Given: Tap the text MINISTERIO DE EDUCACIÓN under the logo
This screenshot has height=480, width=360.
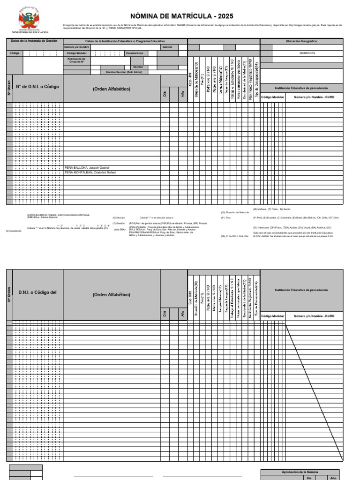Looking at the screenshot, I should (32, 32).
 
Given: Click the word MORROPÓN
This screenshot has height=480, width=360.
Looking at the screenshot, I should (307, 53).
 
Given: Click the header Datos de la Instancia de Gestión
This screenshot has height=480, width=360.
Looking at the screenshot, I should (34, 41).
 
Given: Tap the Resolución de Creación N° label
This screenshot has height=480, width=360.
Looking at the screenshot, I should (76, 60).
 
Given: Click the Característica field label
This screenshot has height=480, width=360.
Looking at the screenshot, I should (134, 53).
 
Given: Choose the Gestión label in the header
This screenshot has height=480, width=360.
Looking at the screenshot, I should (167, 47).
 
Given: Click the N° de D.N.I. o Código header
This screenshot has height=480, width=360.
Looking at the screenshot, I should (37, 87).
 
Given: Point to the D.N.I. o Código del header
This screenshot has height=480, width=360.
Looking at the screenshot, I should (37, 292).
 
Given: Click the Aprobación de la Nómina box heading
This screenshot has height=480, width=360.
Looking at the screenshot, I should (300, 472).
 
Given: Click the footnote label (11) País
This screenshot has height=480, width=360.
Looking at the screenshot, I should (226, 218).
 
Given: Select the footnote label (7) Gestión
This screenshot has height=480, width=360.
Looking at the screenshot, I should (119, 224).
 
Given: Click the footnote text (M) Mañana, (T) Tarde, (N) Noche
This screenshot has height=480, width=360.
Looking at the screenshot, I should (272, 209).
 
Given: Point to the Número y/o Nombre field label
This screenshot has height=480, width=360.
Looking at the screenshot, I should (76, 47).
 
